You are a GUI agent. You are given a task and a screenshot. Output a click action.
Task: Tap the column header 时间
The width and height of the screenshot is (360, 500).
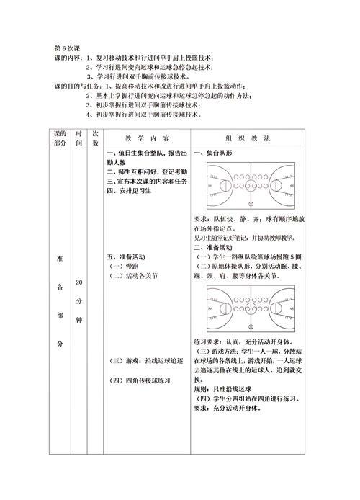pyautogui.click(x=79, y=138)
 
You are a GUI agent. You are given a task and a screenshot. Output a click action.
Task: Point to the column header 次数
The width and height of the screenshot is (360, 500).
pyautogui.click(x=95, y=138)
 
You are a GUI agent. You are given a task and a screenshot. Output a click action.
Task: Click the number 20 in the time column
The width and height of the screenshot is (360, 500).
pyautogui.click(x=79, y=284)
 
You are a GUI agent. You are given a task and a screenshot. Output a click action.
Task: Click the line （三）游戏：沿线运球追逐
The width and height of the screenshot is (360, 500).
pyautogui.click(x=144, y=361)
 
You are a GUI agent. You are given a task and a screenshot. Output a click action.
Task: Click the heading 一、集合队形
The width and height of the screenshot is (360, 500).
pyautogui.click(x=212, y=153)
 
